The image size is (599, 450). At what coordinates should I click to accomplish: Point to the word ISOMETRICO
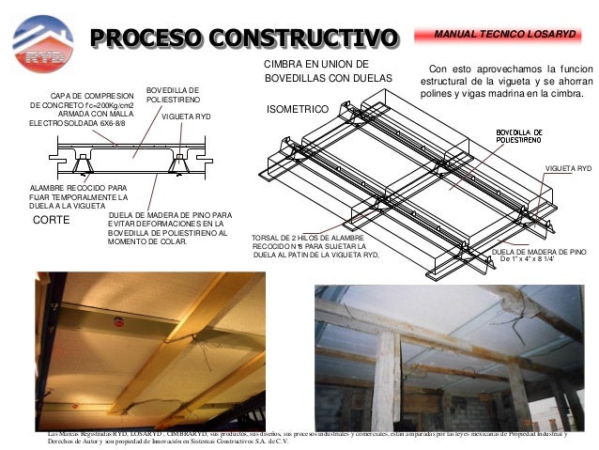pos(298,110)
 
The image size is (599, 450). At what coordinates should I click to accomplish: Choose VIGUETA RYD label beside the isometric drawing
pos(568,168)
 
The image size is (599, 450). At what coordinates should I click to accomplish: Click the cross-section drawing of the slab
pos(131,159)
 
